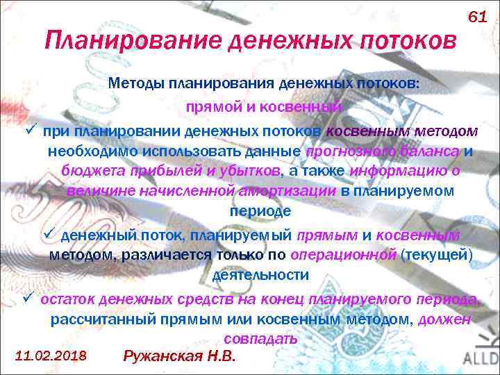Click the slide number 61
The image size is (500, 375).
(x=478, y=16)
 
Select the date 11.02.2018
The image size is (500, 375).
(x=50, y=356)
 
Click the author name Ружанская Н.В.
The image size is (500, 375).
(x=179, y=356)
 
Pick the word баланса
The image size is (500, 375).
(x=433, y=152)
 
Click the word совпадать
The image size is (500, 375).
(x=261, y=339)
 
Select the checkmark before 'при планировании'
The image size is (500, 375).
(x=29, y=131)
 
